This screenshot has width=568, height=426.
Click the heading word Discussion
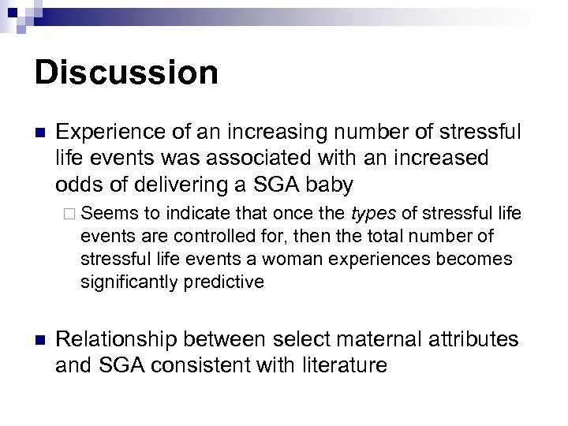[x=127, y=73]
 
